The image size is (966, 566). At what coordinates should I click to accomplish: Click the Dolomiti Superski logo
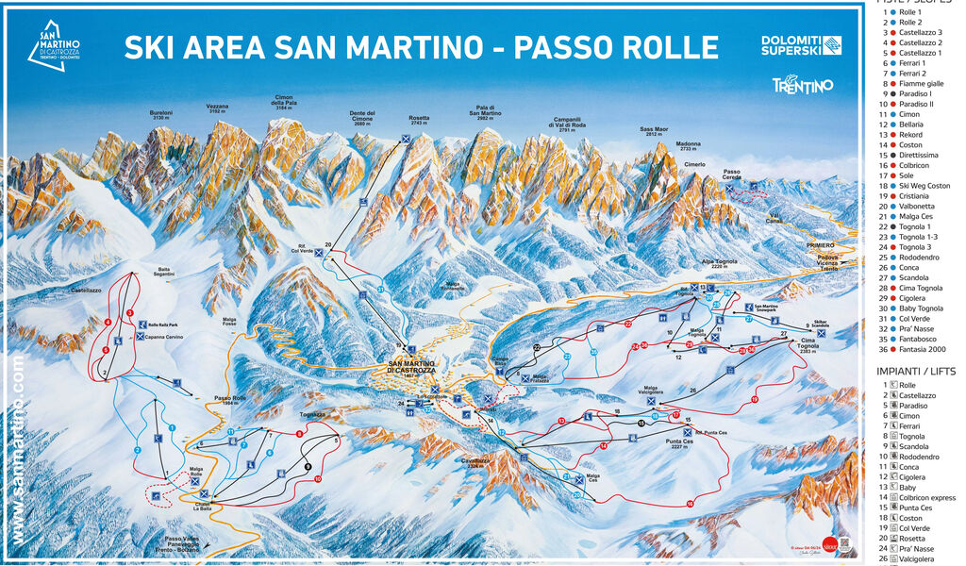[x=801, y=44]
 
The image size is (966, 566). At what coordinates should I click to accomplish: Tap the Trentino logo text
[x=803, y=86]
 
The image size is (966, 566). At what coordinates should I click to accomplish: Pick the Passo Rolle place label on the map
[x=229, y=399]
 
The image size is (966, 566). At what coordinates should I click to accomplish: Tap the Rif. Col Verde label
[x=301, y=250]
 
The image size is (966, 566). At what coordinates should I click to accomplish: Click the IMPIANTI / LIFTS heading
[x=915, y=371]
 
